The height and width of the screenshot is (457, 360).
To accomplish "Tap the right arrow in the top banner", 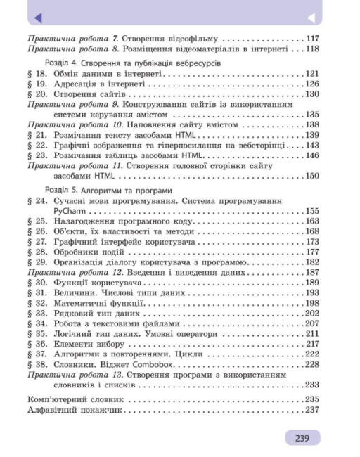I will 310,18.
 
